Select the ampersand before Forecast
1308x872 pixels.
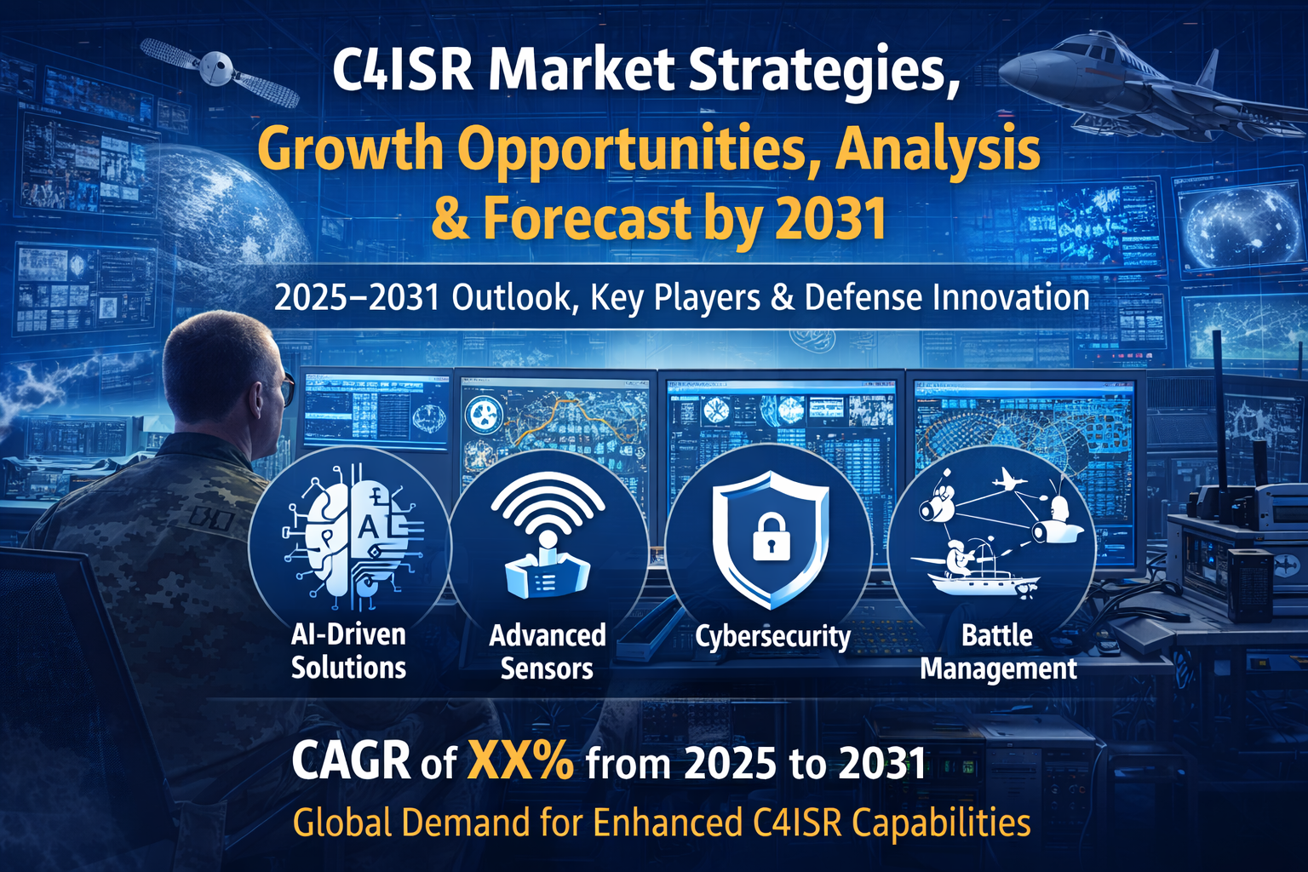click(450, 218)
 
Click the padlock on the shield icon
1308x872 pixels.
click(768, 536)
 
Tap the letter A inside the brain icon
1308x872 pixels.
click(367, 526)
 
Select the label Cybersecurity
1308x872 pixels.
click(772, 637)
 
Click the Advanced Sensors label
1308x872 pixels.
click(548, 651)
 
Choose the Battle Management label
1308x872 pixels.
click(998, 651)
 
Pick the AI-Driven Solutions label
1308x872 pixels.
click(348, 651)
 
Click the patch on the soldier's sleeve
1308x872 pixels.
click(211, 518)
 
